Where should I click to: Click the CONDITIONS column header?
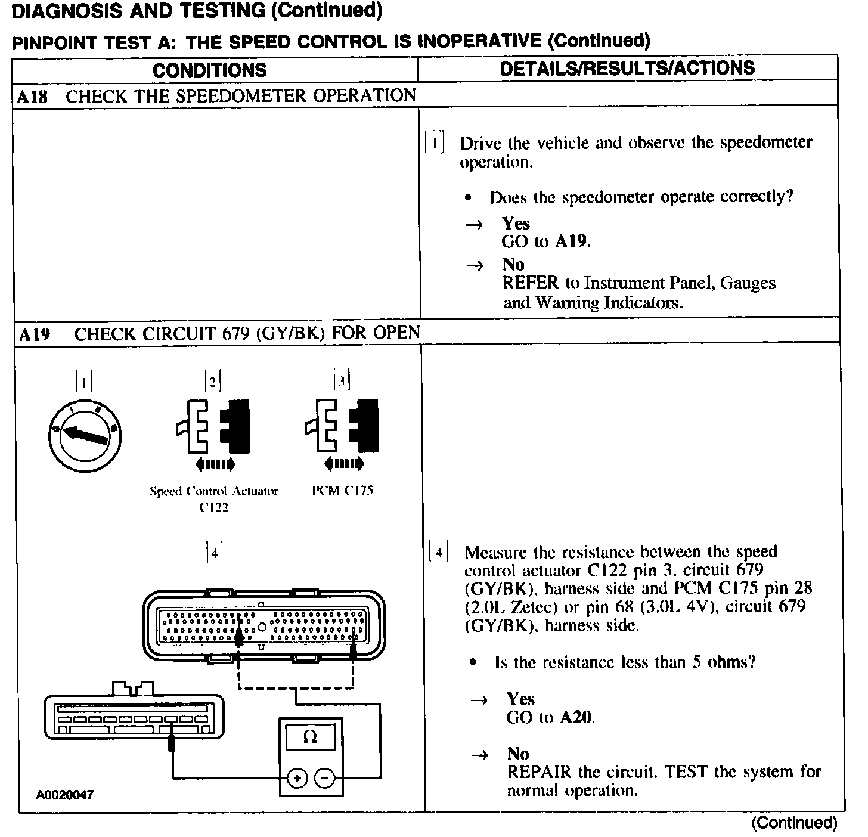tap(209, 70)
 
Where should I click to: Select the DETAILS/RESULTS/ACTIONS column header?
tap(627, 68)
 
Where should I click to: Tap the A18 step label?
tap(32, 97)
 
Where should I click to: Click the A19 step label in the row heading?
tap(34, 334)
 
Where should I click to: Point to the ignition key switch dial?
tap(85, 436)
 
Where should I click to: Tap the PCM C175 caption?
tap(343, 491)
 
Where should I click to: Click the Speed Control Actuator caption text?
tap(214, 492)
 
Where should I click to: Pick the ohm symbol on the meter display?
tap(310, 737)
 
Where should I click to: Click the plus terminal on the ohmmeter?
tap(297, 778)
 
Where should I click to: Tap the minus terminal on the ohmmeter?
tap(324, 778)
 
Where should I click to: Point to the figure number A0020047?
tap(65, 795)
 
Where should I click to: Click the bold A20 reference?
tap(577, 718)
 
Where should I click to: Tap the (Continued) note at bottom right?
tap(794, 823)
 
